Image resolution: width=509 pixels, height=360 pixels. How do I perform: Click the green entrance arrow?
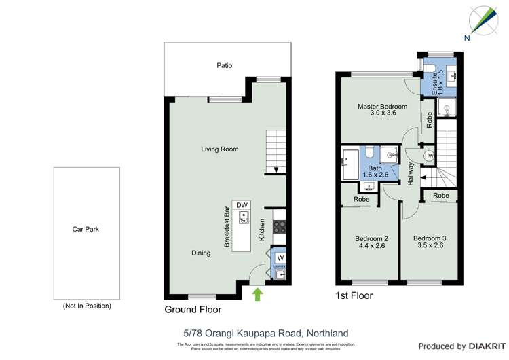(x=257, y=293)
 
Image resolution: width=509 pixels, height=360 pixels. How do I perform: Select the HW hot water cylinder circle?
(x=428, y=156)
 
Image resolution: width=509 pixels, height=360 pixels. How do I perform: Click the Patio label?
(x=224, y=66)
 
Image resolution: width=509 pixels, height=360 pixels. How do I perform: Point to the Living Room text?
(x=219, y=149)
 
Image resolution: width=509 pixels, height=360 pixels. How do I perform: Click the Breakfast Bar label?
(x=227, y=228)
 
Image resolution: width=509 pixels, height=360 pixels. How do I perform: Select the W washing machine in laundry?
(x=280, y=257)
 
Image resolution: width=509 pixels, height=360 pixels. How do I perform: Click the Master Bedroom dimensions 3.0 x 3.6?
(x=382, y=113)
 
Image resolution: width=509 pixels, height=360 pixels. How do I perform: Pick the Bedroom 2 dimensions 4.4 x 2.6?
(x=371, y=246)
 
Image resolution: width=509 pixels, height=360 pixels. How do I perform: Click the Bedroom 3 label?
(x=430, y=238)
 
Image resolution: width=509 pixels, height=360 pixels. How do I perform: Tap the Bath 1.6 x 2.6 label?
(x=375, y=172)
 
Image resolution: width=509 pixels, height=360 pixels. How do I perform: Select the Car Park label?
(x=86, y=229)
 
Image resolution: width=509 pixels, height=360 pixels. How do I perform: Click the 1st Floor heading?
(x=354, y=296)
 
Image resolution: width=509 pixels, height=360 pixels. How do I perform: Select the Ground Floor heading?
(x=193, y=310)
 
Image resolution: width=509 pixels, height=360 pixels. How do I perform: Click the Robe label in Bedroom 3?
(x=440, y=196)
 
